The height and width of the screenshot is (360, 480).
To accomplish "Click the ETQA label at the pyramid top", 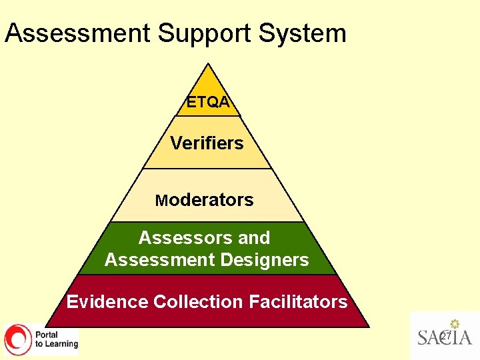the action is [208, 102].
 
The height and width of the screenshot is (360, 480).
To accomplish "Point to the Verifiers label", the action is [207, 143].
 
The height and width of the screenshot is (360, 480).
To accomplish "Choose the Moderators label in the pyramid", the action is [204, 200].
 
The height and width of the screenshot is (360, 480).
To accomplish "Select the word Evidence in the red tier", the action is [107, 302].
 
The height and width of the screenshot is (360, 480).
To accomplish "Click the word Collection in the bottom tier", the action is [198, 302].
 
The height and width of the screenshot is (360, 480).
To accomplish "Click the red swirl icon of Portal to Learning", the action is [18, 339].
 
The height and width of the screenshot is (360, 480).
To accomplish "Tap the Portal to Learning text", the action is [56, 339].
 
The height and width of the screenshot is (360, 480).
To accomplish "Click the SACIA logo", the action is [445, 336].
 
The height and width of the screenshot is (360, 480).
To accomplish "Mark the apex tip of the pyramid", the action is [209, 65].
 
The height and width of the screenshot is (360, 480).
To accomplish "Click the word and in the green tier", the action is [254, 238].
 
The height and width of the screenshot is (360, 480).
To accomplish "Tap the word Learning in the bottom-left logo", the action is [61, 344].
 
